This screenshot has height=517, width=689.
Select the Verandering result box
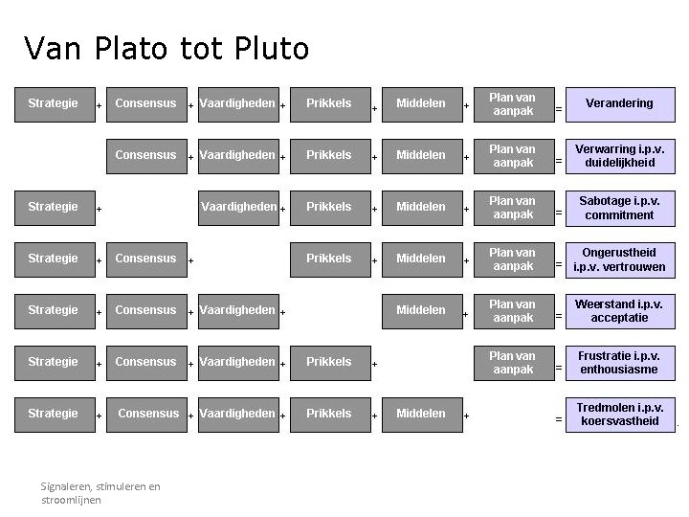click(619, 103)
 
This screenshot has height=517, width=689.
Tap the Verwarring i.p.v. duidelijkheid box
click(619, 155)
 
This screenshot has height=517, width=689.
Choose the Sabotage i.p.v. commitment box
click(619, 207)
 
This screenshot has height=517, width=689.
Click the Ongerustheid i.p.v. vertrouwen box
click(619, 258)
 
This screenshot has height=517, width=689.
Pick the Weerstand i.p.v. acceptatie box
click(619, 310)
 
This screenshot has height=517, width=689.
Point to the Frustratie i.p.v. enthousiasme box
click(619, 362)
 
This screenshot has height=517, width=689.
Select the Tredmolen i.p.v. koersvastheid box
click(619, 414)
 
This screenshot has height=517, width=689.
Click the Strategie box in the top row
click(54, 103)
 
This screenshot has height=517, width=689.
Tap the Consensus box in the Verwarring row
click(145, 155)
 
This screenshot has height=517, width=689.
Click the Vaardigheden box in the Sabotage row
click(238, 207)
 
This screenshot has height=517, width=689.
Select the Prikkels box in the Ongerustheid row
click(329, 258)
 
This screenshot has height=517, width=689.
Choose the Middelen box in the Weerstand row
click(421, 310)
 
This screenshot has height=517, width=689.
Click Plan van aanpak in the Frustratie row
click(512, 362)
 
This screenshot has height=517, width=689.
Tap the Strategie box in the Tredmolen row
click(54, 414)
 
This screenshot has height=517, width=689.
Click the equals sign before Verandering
click(559, 109)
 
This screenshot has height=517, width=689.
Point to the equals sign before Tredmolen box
click(559, 419)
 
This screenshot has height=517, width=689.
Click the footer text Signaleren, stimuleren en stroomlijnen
click(100, 493)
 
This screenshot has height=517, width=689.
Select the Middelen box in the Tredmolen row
click(421, 414)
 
